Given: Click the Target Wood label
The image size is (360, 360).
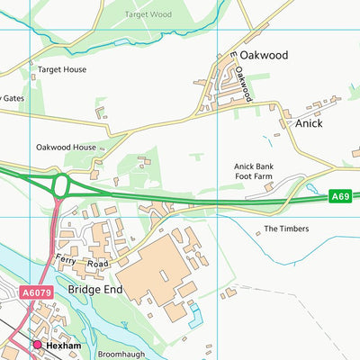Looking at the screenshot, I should coord(148,14).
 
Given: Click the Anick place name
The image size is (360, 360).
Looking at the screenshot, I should coord(309,123).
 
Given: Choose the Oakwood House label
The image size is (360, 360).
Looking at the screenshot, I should coord(66,147).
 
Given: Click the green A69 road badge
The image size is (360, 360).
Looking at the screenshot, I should coord(339,196).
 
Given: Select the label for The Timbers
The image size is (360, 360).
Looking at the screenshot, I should coord(285,229).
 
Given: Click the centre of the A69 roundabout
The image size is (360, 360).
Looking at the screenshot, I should coord(62,186).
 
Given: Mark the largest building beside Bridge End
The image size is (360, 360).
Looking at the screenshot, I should coord(157,265).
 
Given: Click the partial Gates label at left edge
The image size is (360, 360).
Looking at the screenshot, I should coord(11,98).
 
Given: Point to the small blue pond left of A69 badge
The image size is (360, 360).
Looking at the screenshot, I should coord(312,189).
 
